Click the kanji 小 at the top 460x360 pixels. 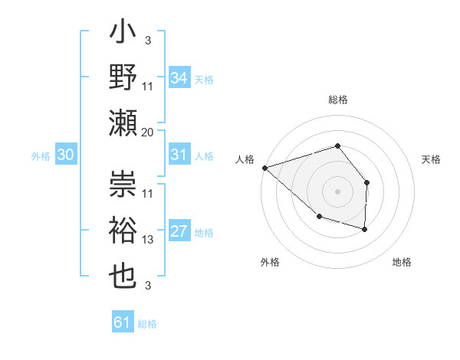coord(123,35)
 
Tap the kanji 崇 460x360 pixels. coord(123,184)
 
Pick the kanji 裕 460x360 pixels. coord(123,230)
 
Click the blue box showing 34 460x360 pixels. coord(179,78)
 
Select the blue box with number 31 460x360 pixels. coord(179,155)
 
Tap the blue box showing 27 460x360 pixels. coord(179,232)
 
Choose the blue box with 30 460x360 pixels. coord(65,155)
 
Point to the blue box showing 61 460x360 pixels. coord(122,322)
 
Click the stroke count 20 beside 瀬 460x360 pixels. coord(148,133)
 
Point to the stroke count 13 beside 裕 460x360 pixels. coord(148,240)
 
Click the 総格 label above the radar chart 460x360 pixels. coord(338,100)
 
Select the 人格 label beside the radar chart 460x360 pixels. coord(245,159)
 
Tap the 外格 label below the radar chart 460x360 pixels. coord(270,263)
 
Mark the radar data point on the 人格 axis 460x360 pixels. coord(264,168)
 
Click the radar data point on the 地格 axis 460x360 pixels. coord(365,229)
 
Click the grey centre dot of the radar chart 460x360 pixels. coord(338,191)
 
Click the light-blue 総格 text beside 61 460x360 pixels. coord(147,324)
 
